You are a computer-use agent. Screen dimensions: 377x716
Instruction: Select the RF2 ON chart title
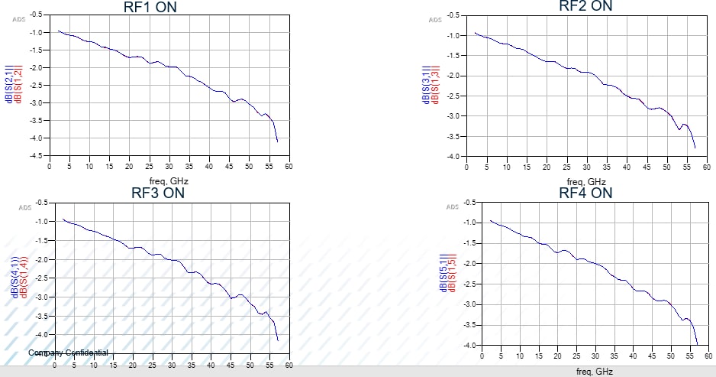click(585, 6)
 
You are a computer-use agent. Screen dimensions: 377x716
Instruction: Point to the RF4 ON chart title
click(585, 193)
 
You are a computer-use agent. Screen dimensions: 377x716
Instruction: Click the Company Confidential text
click(68, 353)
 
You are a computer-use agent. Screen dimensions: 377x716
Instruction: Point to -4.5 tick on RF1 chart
click(36, 155)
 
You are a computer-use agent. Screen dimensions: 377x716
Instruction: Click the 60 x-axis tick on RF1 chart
click(289, 165)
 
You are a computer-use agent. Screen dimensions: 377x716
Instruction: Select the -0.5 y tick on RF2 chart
click(453, 15)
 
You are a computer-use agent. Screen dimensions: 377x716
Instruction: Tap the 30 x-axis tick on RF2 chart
click(586, 166)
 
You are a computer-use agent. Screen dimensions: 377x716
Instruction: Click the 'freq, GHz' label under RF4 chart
click(593, 372)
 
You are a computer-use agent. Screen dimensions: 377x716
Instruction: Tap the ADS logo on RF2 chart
click(435, 20)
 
